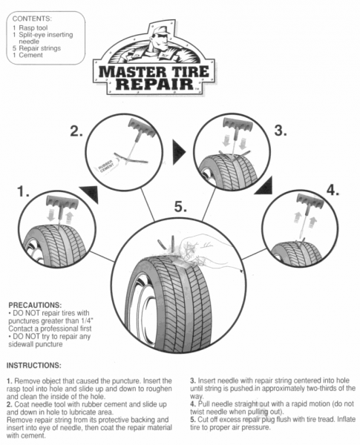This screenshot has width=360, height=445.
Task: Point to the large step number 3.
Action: coord(280,131)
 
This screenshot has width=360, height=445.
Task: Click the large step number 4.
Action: coord(333,188)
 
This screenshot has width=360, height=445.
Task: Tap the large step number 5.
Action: coord(181,206)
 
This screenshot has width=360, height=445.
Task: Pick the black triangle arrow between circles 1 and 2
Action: coord(89,195)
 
